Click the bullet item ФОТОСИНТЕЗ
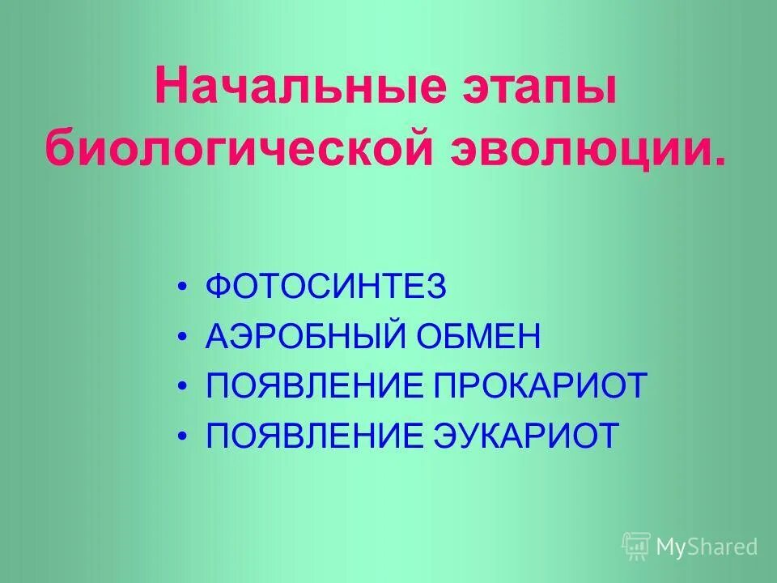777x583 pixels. tap(325, 287)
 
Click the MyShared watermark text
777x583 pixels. tap(707, 547)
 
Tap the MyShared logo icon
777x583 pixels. tap(636, 547)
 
